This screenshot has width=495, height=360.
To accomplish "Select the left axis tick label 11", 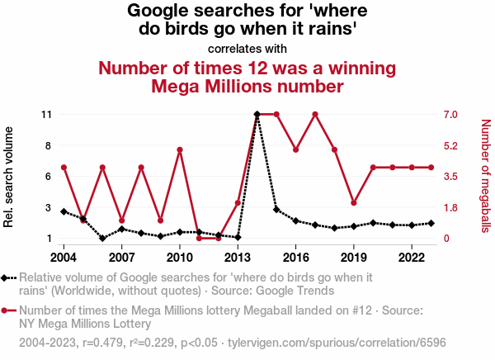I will pyautogui.click(x=46, y=114).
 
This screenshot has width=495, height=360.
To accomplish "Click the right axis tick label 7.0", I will pyautogui.click(x=450, y=114).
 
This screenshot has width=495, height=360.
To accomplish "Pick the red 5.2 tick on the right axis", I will pyautogui.click(x=450, y=145).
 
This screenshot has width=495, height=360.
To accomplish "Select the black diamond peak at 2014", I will pyautogui.click(x=257, y=114).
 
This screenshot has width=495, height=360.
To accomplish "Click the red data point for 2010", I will pyautogui.click(x=180, y=149).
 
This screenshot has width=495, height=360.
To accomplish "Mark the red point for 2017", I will pyautogui.click(x=315, y=114).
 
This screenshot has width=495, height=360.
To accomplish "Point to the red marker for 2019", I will pyautogui.click(x=354, y=202).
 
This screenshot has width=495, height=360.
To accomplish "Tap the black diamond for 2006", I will pyautogui.click(x=102, y=239).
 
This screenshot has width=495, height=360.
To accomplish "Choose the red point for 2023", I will pyautogui.click(x=431, y=168).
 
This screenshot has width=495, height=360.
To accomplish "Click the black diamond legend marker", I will pyautogui.click(x=7, y=278).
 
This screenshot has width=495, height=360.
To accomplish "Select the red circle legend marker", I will pyautogui.click(x=7, y=311).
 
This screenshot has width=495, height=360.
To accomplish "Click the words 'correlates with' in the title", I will pyautogui.click(x=247, y=48).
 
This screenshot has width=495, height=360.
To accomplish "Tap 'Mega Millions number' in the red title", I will pyautogui.click(x=247, y=86).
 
